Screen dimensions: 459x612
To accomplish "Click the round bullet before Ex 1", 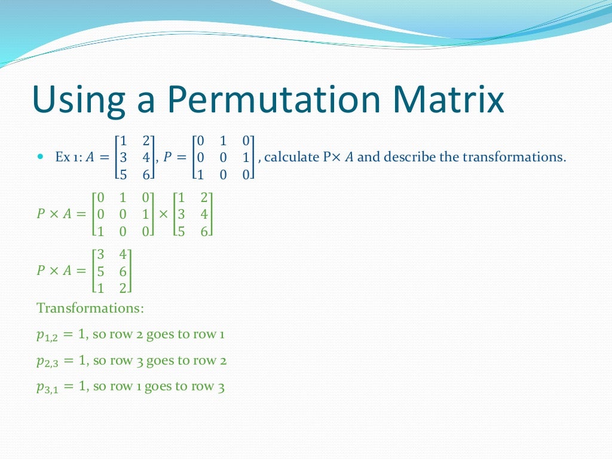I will [41, 157].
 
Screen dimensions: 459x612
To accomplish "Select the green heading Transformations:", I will [90, 308].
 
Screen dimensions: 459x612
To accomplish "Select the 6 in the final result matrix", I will [123, 271].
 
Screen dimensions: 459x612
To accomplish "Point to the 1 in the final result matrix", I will [100, 287].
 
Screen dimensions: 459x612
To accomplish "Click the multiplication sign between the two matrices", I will [164, 213].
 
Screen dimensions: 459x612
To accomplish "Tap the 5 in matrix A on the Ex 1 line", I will [123, 175].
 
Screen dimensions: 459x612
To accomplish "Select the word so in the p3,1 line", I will [99, 387].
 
